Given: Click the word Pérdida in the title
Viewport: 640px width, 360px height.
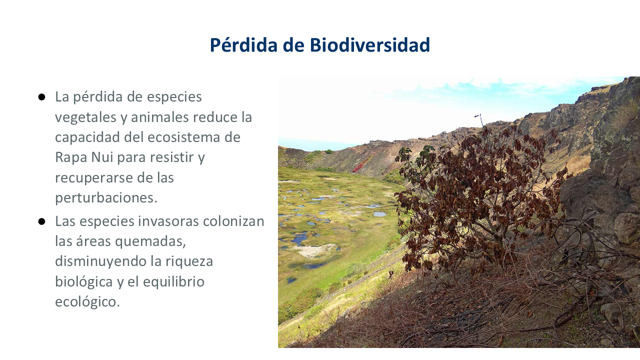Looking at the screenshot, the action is coord(243,45).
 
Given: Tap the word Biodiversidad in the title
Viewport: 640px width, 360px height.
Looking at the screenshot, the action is coord(370,45).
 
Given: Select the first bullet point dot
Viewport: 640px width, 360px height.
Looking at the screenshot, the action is coord(41,97).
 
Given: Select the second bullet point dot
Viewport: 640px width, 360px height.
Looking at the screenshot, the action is coord(41,221).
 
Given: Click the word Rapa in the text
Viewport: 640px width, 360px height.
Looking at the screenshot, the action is coord(71,157).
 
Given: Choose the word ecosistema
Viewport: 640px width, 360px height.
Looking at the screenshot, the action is coord(183,137).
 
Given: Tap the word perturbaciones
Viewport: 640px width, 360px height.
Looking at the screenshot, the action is coord(106,198).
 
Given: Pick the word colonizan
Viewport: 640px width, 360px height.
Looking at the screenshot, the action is coord(233,221).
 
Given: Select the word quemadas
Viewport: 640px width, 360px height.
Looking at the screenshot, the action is coord(150,242).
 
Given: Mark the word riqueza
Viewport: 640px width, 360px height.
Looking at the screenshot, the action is coord(189,261).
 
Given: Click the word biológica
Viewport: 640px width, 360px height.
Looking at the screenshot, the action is coord(83,281).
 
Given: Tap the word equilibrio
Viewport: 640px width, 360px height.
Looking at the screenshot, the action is coord(173,281).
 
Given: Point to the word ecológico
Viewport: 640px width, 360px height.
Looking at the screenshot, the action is coord(87,302).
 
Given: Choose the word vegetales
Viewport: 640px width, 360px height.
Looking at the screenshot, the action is coord(85,117).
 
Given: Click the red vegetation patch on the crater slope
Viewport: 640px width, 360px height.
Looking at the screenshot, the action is coord(360,165).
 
